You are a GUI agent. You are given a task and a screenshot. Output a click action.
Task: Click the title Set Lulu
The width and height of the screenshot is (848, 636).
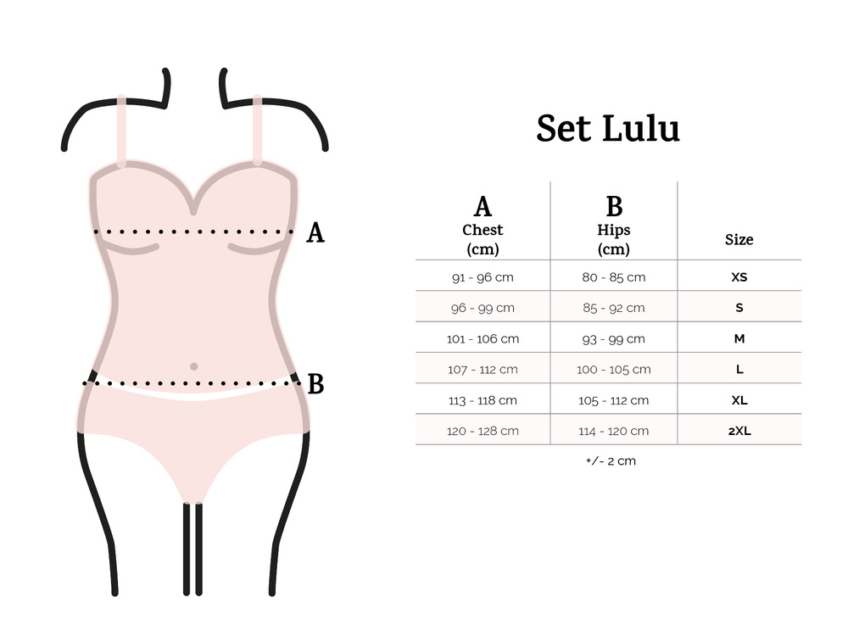click(x=608, y=129)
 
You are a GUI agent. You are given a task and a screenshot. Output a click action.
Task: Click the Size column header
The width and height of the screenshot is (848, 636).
click(x=739, y=240)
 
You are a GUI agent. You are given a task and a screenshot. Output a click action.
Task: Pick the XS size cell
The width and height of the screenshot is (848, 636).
click(x=739, y=277)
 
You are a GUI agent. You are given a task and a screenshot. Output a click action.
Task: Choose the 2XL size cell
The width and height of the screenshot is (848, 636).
click(x=739, y=431)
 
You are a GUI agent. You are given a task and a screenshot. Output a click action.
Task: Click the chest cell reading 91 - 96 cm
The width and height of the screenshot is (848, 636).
click(x=483, y=277)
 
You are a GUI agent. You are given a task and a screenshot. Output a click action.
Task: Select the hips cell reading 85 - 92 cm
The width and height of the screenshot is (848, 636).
click(x=614, y=309)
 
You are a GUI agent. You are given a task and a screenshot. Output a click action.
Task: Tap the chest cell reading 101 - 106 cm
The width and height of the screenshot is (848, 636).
click(x=483, y=339)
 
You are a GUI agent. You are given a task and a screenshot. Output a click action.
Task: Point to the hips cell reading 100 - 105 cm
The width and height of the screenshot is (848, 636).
click(x=614, y=370)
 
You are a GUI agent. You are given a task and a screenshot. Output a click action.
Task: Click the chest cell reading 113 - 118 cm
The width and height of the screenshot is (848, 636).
click(x=483, y=401)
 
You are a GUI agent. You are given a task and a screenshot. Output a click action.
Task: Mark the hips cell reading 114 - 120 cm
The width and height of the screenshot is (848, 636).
click(x=614, y=432)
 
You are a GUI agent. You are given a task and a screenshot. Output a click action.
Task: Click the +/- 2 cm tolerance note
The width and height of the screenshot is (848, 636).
click(x=611, y=461)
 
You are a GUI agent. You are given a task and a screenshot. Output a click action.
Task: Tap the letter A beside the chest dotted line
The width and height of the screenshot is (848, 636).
click(x=315, y=233)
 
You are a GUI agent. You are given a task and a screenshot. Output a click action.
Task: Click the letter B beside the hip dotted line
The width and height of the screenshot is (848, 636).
click(x=315, y=384)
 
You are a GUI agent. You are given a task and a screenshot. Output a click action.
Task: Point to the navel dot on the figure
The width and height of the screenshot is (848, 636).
click(x=193, y=366)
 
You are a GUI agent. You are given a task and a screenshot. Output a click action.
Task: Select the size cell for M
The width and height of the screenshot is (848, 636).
click(x=739, y=338)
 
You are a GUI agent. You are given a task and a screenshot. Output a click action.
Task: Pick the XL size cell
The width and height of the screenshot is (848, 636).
click(x=739, y=400)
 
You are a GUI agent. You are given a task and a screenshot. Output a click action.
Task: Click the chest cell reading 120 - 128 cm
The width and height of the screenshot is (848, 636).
click(x=483, y=432)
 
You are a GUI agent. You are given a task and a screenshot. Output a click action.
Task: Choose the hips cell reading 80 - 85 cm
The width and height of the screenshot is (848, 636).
click(x=614, y=277)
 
